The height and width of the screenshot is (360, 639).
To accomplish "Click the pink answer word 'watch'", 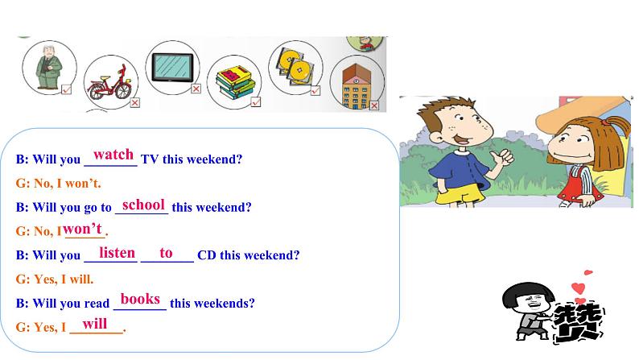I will point(113,155).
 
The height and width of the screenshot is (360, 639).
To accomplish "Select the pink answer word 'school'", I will point(143,205).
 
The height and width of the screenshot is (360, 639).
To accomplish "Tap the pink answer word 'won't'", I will point(82,229).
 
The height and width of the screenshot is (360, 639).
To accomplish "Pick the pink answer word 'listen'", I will point(117,253).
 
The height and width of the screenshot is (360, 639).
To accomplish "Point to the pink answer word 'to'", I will point(166,253).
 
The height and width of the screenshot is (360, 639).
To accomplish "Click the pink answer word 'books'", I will point(140,300).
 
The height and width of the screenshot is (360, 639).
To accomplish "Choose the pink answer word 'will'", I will point(95,324).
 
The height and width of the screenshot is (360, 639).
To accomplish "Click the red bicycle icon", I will point(109,77).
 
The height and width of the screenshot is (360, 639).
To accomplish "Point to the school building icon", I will point(354,86).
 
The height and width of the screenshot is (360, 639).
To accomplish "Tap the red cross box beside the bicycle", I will point(135,102).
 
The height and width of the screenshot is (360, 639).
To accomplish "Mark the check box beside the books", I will point(255,102).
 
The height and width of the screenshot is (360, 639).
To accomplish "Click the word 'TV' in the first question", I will point(150,159).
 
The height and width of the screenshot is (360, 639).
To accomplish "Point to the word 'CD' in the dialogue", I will point(207,255).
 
